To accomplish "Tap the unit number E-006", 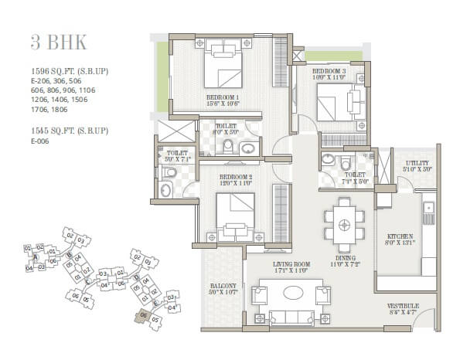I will tap(41, 142).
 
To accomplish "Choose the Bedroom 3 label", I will tap(328, 74).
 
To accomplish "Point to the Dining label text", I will tap(344, 260).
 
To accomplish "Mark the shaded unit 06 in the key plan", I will tap(142, 315).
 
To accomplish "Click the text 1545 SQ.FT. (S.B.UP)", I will tap(69, 131).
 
